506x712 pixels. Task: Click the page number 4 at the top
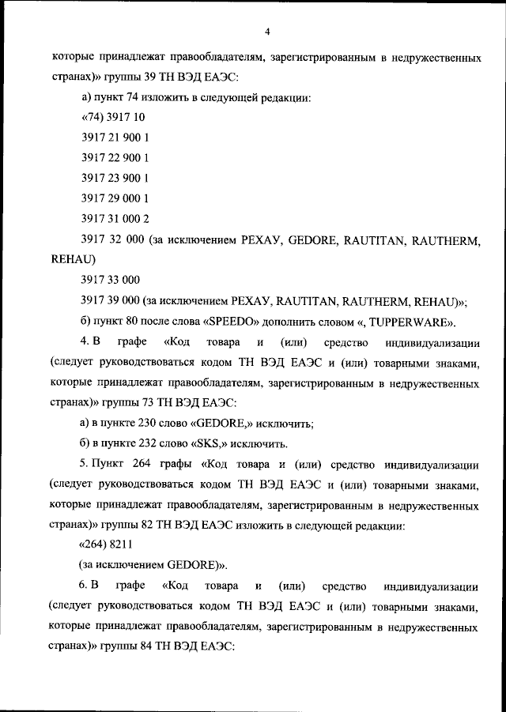(268, 32)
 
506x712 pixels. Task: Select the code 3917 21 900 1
(115, 138)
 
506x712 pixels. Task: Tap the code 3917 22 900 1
(115, 157)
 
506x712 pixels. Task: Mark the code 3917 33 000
(111, 280)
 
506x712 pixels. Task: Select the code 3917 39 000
(111, 300)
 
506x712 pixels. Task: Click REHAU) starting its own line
(73, 258)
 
